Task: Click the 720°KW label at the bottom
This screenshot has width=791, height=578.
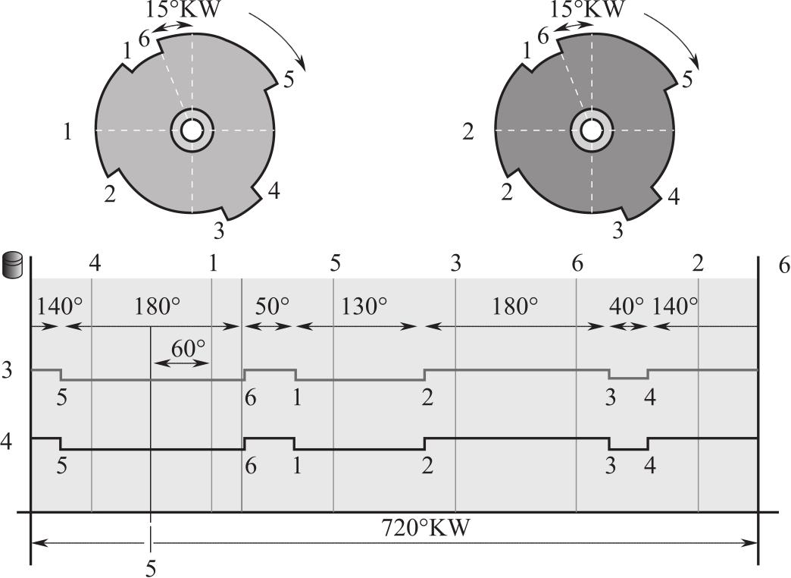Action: click(425, 528)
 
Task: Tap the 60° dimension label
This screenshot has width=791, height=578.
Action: click(188, 348)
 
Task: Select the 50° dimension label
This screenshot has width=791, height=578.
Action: click(273, 306)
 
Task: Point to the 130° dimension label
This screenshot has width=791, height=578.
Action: click(364, 306)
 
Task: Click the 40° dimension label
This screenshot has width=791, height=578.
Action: click(627, 306)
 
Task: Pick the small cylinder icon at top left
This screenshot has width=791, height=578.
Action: click(13, 266)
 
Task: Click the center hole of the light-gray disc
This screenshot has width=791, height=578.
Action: click(191, 130)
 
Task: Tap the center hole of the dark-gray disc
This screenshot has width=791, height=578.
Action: click(591, 130)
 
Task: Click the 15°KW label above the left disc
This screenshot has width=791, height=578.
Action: click(183, 9)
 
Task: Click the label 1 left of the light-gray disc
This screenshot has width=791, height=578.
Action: click(67, 132)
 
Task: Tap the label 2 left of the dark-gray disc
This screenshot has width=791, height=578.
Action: click(469, 132)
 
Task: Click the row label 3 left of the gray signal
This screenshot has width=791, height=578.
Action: click(7, 370)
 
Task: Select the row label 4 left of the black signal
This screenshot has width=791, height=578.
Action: click(7, 441)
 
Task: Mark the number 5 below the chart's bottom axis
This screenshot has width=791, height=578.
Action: click(150, 569)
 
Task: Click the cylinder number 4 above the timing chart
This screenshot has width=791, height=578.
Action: click(95, 263)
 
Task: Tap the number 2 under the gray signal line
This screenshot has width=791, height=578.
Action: click(427, 398)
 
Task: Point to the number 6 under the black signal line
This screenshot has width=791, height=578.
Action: click(250, 465)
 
